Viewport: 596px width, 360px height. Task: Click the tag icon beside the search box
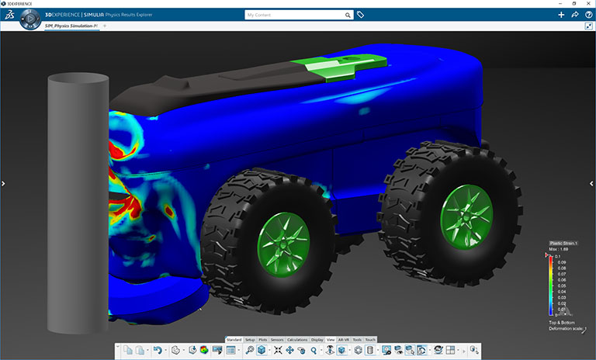tap(360, 15)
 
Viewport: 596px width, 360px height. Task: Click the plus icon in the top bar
tap(561, 15)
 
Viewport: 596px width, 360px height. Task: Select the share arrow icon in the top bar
tap(574, 15)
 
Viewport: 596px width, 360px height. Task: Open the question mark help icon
tap(588, 15)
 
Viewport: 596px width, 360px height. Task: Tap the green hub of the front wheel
tap(282, 242)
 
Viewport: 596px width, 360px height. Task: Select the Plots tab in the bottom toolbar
tap(263, 340)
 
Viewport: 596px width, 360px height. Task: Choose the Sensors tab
tap(277, 340)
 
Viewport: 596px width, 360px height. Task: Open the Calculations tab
tap(297, 340)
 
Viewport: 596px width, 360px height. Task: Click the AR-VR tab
tap(344, 340)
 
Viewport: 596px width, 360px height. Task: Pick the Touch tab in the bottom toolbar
tap(370, 340)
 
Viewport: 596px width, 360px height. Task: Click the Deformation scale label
tap(566, 329)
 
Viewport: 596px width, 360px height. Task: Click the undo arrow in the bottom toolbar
tap(157, 351)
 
